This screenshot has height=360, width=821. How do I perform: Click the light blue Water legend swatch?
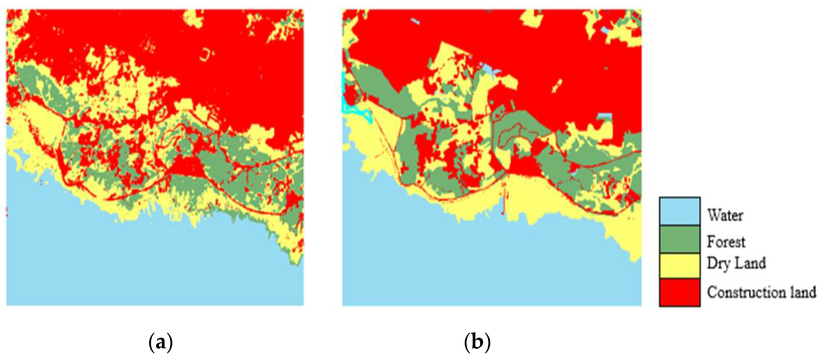pyautogui.click(x=680, y=211)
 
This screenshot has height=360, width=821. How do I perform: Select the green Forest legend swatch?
pyautogui.click(x=680, y=239)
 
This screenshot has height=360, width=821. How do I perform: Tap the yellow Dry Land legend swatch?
pyautogui.click(x=680, y=265)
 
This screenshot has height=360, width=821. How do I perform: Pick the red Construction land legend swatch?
pyautogui.click(x=680, y=292)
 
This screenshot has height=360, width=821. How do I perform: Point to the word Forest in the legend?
pyautogui.click(x=726, y=242)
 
